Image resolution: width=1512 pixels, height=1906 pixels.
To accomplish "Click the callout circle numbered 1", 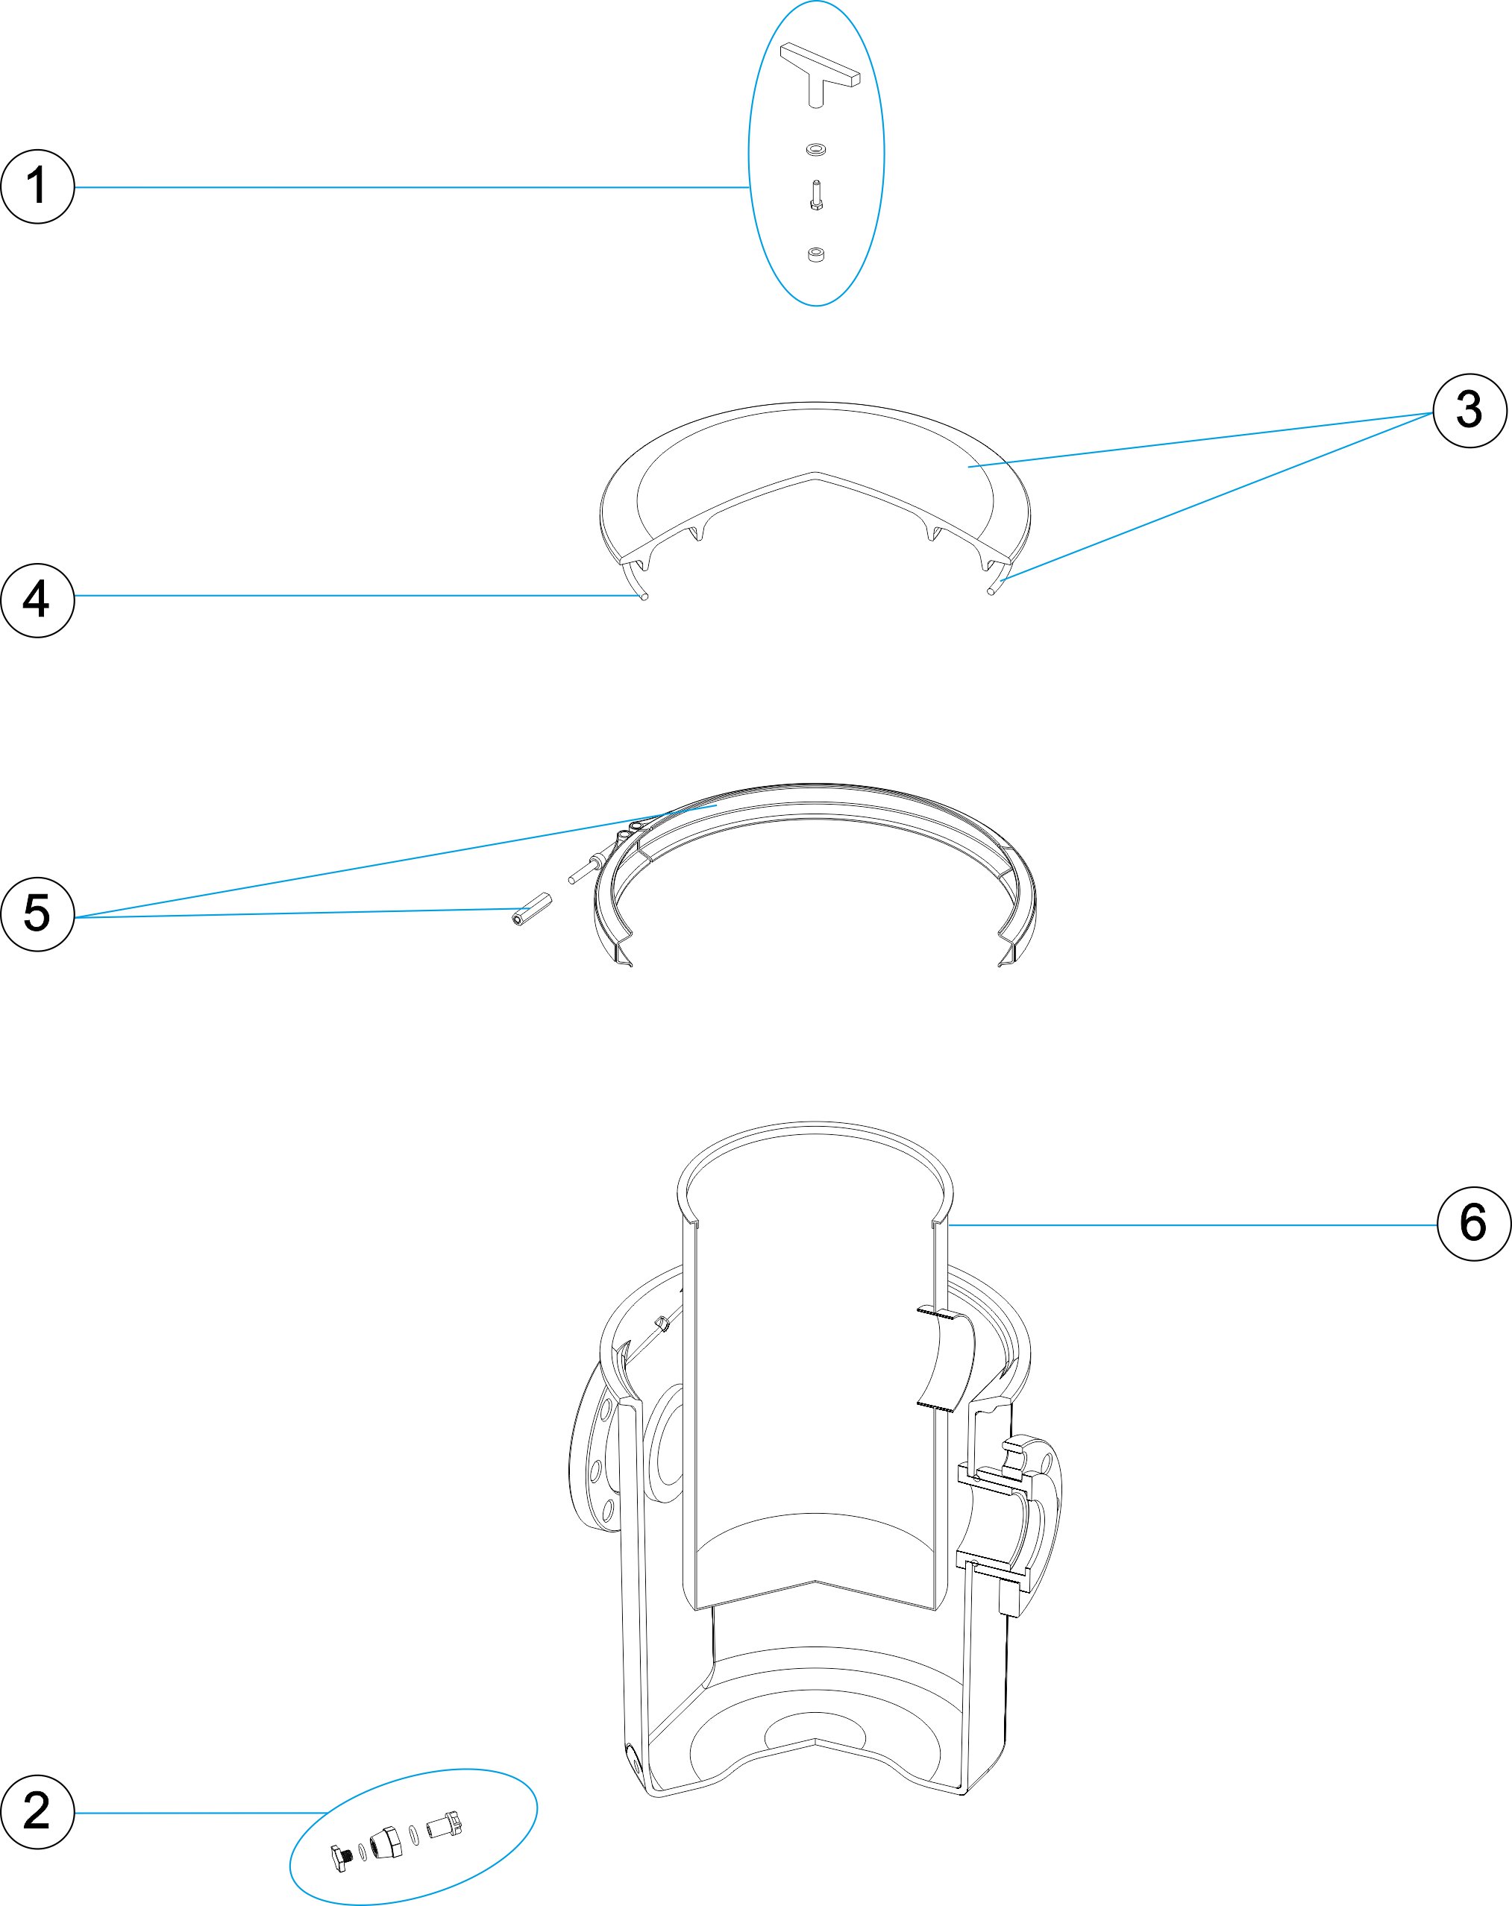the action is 37,186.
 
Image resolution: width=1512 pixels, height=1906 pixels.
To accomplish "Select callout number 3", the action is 1469,410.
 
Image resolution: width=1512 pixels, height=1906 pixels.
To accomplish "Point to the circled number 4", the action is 37,600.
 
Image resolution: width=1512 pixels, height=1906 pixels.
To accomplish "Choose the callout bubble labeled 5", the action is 37,914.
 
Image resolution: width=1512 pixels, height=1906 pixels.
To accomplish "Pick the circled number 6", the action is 1474,1224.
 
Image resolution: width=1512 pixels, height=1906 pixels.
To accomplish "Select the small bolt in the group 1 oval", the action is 816,196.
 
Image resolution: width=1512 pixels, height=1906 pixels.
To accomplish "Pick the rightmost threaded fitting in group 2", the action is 445,1824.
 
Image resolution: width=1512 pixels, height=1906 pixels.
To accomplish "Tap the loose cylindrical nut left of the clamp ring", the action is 530,910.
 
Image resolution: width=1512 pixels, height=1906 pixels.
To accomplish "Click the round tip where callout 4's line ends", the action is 644,597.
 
